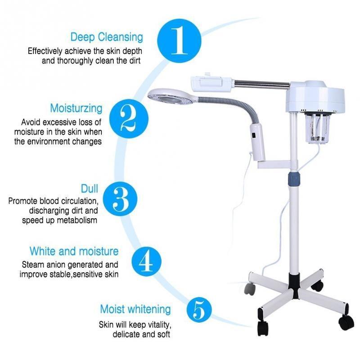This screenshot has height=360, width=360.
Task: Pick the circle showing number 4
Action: pos(146,261)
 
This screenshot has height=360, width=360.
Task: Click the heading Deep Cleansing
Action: pos(107,37)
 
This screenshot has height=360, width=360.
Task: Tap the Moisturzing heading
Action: pos(76,108)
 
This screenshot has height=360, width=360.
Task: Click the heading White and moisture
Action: pos(74,251)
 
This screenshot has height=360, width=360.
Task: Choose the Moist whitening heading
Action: pos(135,309)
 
